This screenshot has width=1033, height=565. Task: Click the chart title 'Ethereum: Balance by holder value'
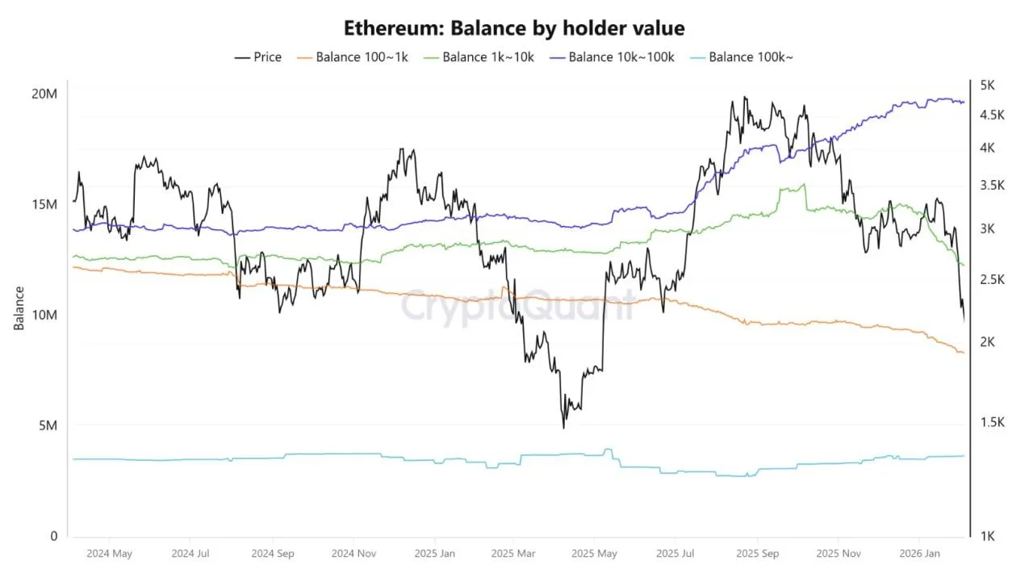[x=514, y=28]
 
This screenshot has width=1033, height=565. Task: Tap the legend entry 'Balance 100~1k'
[x=356, y=57]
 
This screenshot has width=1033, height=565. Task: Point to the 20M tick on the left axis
[x=44, y=94]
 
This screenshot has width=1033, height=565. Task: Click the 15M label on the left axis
[x=44, y=205]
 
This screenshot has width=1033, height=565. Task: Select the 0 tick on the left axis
[x=53, y=537]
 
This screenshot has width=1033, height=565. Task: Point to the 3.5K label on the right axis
[x=992, y=185]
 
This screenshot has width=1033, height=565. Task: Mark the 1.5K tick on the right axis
[x=992, y=423]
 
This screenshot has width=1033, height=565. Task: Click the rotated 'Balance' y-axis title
[x=19, y=308]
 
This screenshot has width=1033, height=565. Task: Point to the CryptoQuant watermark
[x=517, y=307]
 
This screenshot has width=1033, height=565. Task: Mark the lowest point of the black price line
[x=564, y=427]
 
